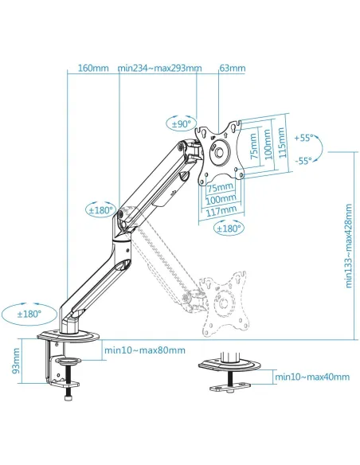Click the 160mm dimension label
pos(93,68)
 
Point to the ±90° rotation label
pos(182,124)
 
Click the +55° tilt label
pos(303,138)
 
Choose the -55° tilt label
pos(303,161)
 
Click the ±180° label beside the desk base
pos(29,314)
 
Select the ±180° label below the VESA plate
pos(229,229)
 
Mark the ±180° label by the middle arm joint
pos(101,210)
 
